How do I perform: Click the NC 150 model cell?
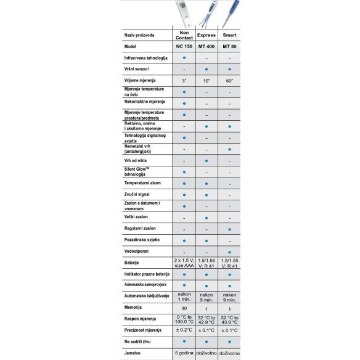(x=184, y=46)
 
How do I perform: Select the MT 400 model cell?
(x=207, y=46)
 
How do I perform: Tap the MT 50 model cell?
(x=229, y=46)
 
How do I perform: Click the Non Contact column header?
(x=184, y=35)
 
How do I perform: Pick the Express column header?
(x=207, y=35)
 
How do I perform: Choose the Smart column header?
(x=229, y=35)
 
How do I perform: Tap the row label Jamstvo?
(x=133, y=352)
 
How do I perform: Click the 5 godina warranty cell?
(x=184, y=352)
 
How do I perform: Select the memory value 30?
(x=184, y=306)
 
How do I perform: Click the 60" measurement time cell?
(x=229, y=80)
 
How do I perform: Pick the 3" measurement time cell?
(x=184, y=80)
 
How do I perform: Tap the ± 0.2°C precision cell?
(x=184, y=330)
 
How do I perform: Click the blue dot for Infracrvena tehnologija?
(x=184, y=57)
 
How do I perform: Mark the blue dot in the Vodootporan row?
(x=229, y=252)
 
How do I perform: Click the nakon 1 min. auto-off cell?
(x=184, y=295)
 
